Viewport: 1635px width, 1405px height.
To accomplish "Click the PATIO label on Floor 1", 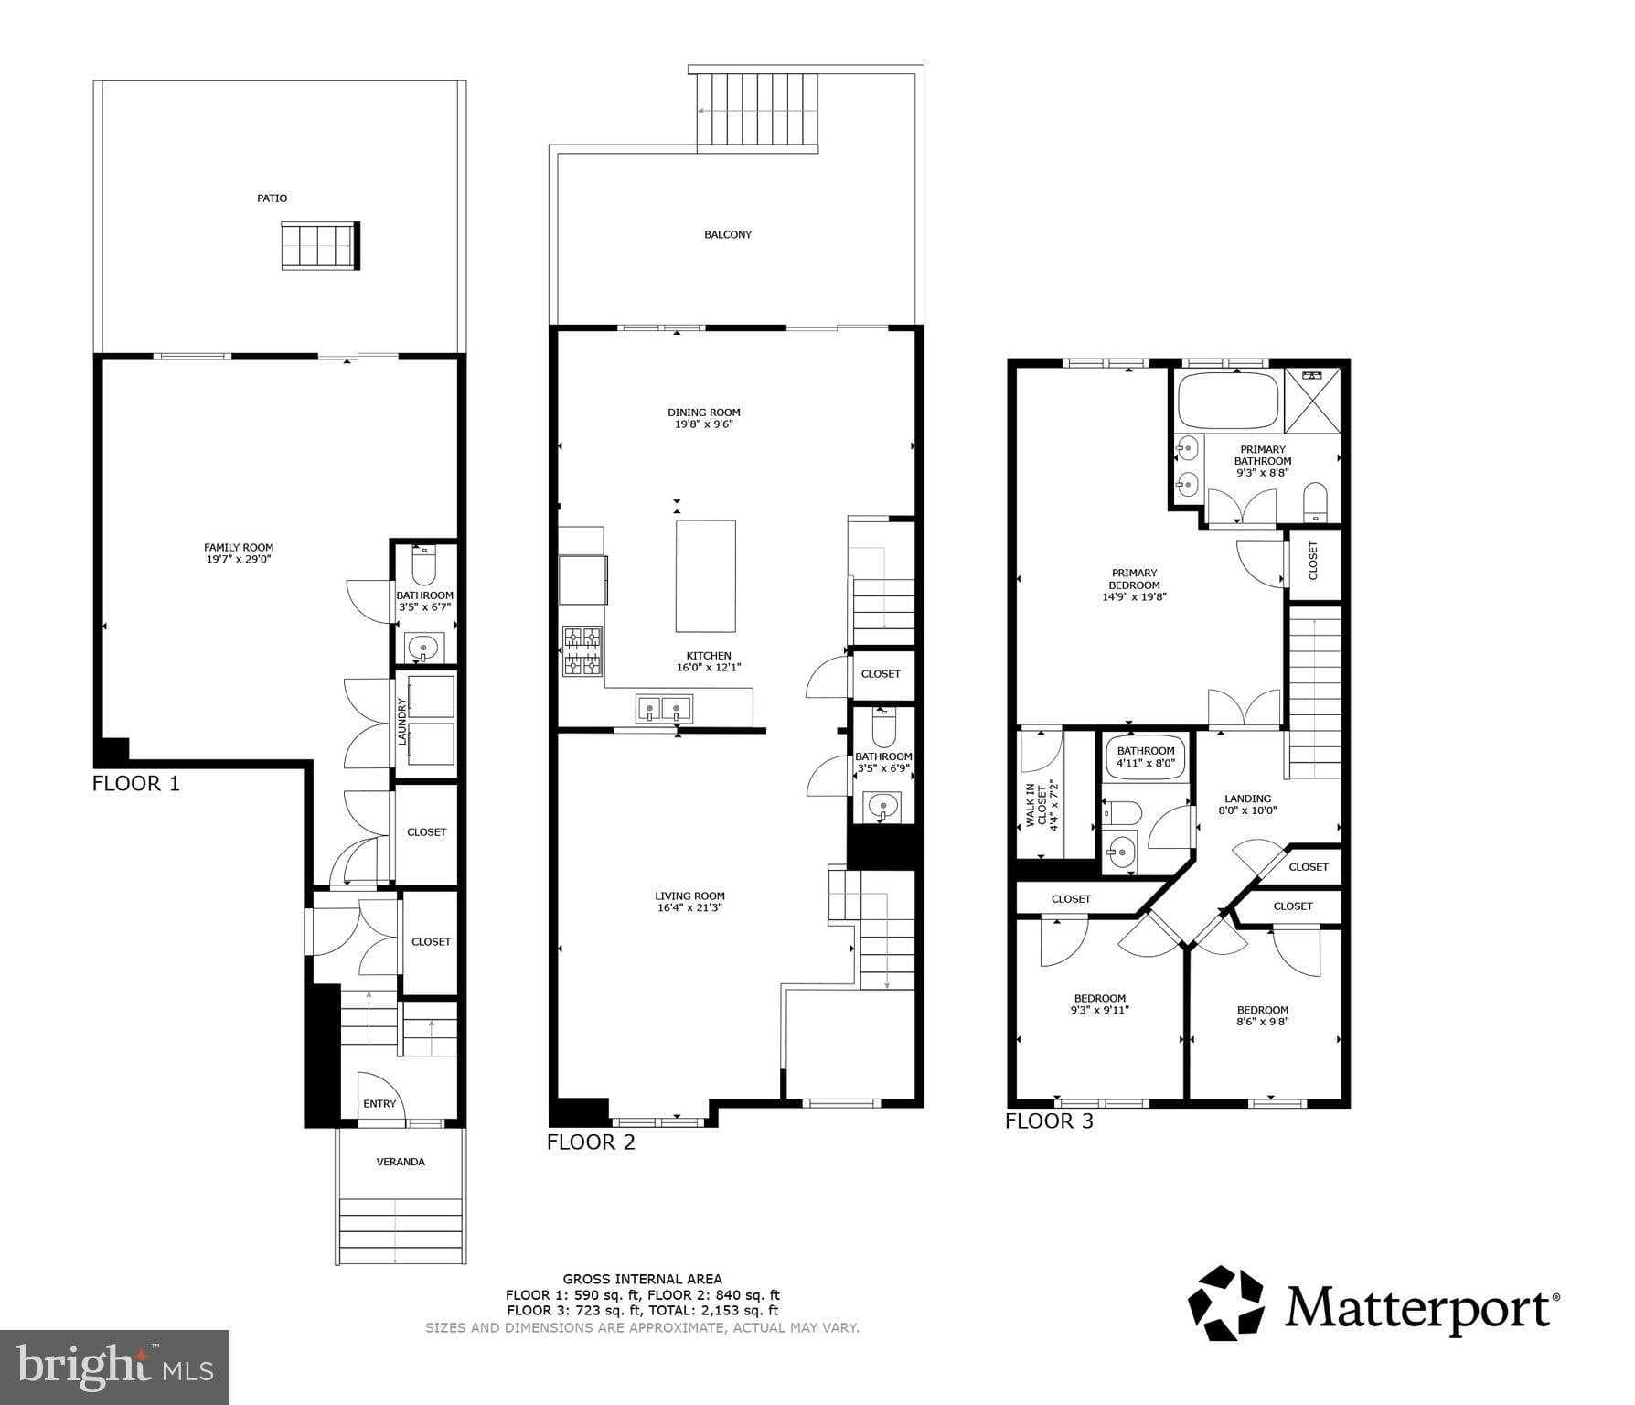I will (x=272, y=198).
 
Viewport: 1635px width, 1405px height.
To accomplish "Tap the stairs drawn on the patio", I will (x=320, y=246).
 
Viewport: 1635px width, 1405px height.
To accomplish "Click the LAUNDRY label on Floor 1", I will (x=401, y=722).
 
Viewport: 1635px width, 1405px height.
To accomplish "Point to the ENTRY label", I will (x=379, y=1104).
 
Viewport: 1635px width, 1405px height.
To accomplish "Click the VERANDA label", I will (x=401, y=1162).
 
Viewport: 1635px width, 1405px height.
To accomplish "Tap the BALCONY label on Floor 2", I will (x=728, y=235).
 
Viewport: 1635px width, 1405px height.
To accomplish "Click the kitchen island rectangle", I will (x=705, y=575).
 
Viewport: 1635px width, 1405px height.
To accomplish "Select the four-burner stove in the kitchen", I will (x=582, y=651).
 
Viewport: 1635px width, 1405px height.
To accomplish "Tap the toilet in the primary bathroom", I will (x=1315, y=500).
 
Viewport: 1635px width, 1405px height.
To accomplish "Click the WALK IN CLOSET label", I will (x=1042, y=805).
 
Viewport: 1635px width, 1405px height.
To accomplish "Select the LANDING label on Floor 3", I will (x=1247, y=799).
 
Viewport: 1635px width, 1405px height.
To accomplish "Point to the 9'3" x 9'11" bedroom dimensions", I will (x=1099, y=1011).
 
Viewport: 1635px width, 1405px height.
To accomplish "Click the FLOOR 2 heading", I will (x=591, y=1142).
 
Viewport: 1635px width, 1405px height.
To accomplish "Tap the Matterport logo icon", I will (x=1224, y=1303).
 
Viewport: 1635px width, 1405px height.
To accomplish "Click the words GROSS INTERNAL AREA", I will (x=642, y=1279).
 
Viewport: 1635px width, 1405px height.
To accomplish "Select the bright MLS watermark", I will (x=114, y=1367).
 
